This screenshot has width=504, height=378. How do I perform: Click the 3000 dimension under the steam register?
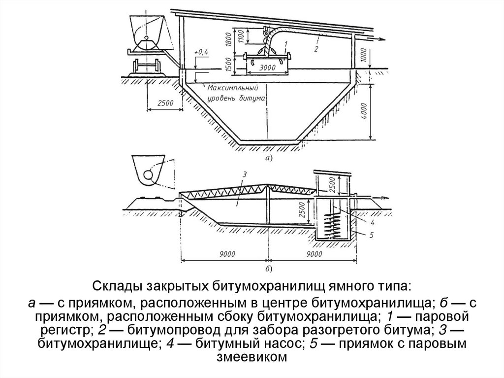coord(261,68)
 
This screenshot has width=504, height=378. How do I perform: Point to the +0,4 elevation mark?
coord(202,51)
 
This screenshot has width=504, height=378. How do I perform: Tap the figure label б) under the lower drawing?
coord(268,269)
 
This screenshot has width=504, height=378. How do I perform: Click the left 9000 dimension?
coord(226,254)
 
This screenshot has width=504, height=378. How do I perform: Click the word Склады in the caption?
coord(115,286)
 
